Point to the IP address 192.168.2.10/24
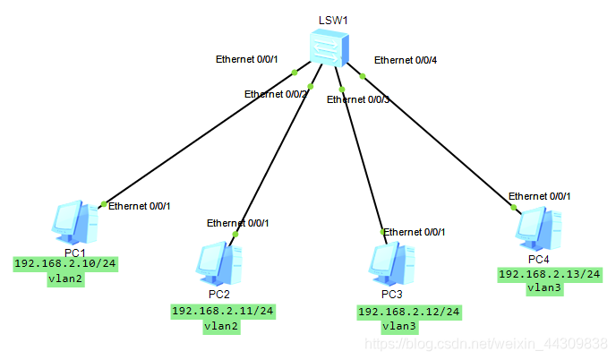66,264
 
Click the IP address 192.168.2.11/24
223,311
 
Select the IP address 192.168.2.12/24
409,311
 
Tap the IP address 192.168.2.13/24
550,273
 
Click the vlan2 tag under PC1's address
65,279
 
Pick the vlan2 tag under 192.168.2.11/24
221,326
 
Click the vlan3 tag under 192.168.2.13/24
544,287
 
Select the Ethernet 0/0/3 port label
358,99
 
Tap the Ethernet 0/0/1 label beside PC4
540,195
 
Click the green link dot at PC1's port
104,204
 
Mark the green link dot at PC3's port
383,231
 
